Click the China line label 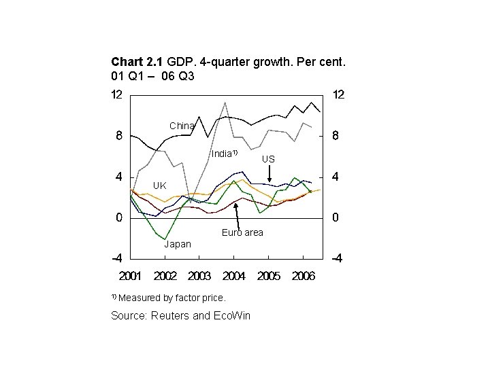point(182,126)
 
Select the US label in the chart point(269,158)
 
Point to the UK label point(159,185)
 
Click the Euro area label point(242,233)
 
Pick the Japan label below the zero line point(178,244)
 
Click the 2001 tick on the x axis point(131,276)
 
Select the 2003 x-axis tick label point(199,276)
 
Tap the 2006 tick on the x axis point(303,276)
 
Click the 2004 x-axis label point(233,276)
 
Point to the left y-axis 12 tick point(117,95)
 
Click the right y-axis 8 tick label point(336,136)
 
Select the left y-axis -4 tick point(116,259)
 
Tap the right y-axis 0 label point(336,218)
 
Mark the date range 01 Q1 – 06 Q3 point(152,76)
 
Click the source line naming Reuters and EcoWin point(180,316)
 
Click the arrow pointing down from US point(269,174)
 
